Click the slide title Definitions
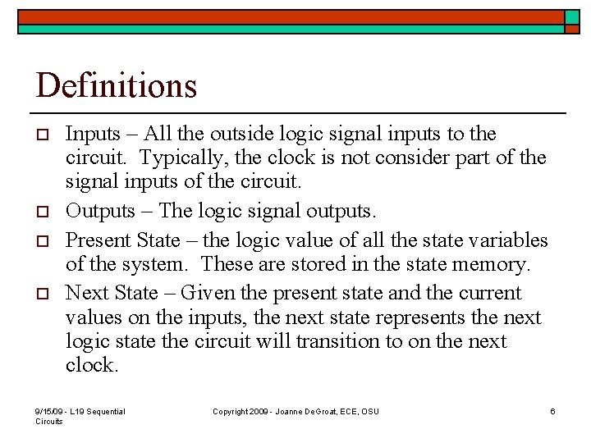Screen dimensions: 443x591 (117, 85)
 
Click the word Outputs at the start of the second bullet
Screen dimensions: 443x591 (100, 211)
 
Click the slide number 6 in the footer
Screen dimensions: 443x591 (552, 411)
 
